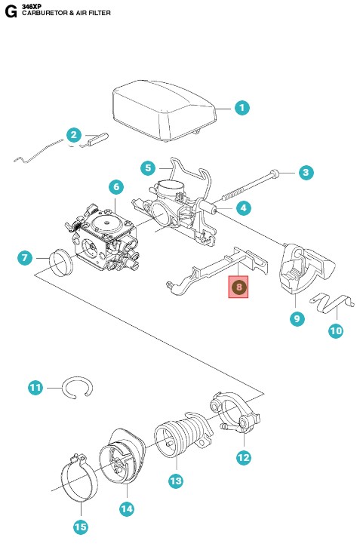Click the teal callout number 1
(x=242, y=108)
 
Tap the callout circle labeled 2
(x=74, y=135)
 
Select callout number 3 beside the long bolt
(x=306, y=173)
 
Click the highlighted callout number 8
(x=239, y=287)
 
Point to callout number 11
(x=35, y=388)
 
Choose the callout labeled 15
(x=81, y=527)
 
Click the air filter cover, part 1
(x=164, y=109)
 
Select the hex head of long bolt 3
(x=275, y=174)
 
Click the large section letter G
(x=11, y=12)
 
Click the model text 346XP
(x=32, y=7)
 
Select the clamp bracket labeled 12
(x=235, y=413)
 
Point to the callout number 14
(x=127, y=509)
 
